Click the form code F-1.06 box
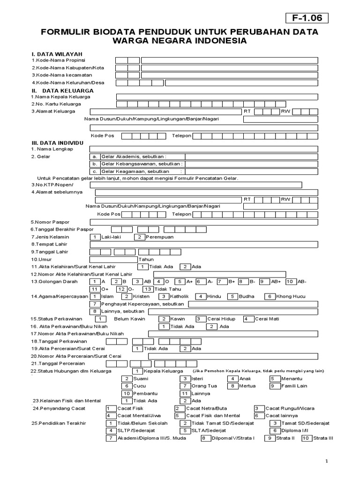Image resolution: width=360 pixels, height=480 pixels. point(307,19)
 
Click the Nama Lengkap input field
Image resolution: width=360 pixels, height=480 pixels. point(211,149)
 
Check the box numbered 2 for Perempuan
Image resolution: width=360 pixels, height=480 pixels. point(139,237)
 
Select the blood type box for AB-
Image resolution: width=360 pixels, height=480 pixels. point(290,281)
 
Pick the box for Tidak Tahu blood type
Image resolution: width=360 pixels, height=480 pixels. point(148,289)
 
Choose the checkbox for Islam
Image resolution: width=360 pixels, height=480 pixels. point(95,296)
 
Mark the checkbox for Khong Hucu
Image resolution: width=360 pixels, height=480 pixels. point(270,296)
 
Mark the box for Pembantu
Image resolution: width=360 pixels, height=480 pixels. point(126,393)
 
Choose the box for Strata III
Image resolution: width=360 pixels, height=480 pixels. point(306,438)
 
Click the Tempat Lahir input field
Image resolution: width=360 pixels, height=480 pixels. point(211,244)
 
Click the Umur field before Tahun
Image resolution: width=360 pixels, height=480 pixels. point(113,259)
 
